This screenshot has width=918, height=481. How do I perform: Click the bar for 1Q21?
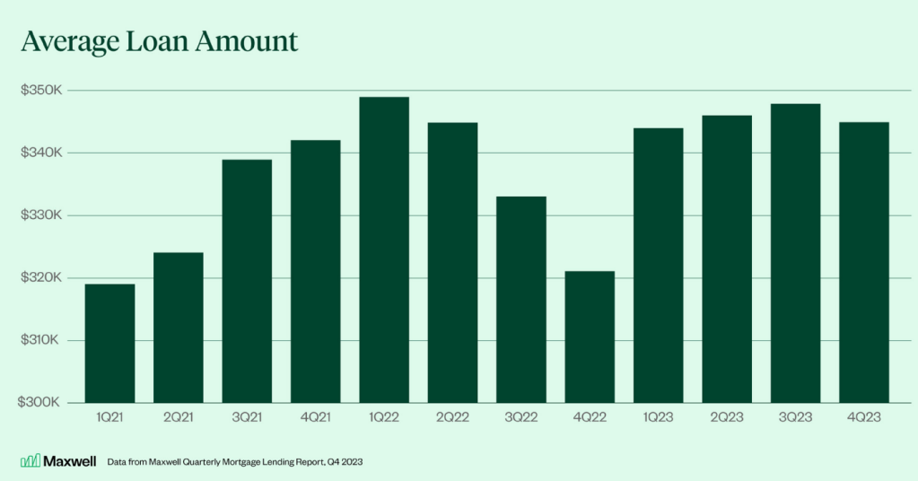click(x=109, y=343)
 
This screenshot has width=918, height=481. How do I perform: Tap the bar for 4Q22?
click(x=590, y=337)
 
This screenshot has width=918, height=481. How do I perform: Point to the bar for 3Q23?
click(x=795, y=253)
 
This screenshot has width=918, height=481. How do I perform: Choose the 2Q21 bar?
click(x=178, y=328)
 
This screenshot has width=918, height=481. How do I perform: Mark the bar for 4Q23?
click(x=863, y=262)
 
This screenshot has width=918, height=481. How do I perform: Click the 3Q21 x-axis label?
click(x=247, y=417)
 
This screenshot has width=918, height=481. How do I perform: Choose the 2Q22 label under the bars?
click(x=452, y=417)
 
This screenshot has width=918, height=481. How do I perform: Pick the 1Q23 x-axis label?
click(x=658, y=417)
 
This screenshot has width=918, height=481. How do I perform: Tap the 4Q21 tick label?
click(x=315, y=417)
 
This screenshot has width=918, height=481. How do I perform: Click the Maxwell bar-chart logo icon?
click(x=30, y=460)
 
